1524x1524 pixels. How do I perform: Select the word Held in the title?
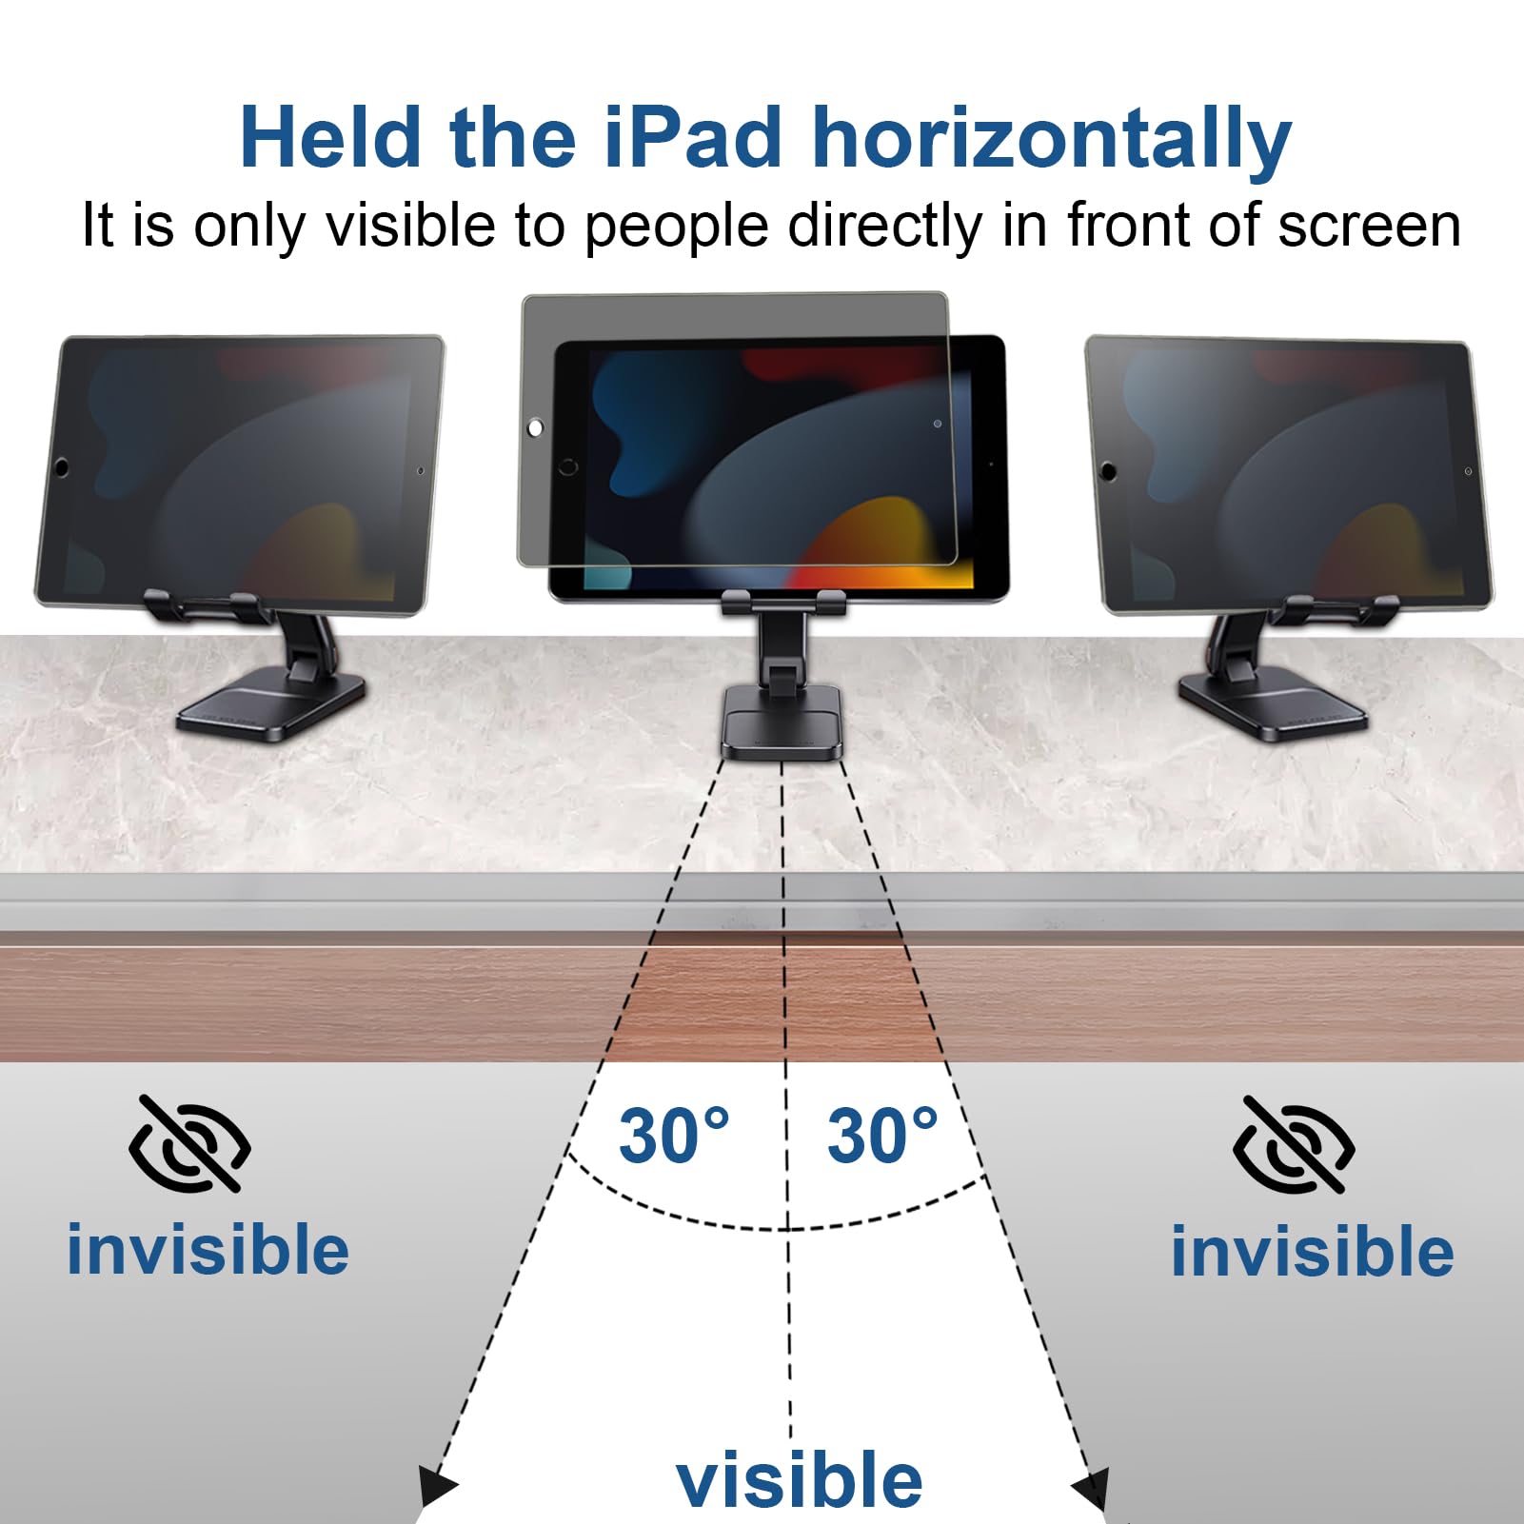tap(329, 139)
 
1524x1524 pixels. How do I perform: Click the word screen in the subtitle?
tap(1369, 226)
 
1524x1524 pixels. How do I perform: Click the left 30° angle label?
tap(674, 1136)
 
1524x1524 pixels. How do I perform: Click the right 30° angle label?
tap(882, 1136)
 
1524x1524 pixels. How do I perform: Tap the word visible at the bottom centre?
tap(799, 1479)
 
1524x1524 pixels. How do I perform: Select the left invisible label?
tap(208, 1250)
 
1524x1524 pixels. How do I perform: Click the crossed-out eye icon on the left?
tap(189, 1143)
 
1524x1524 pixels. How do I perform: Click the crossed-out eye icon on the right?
tap(1294, 1145)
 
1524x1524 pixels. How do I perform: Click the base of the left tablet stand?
tap(271, 706)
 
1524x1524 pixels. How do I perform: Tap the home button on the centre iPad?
tap(568, 467)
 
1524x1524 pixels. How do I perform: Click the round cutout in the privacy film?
tap(535, 428)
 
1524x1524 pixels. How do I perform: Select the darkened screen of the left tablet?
tap(238, 471)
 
